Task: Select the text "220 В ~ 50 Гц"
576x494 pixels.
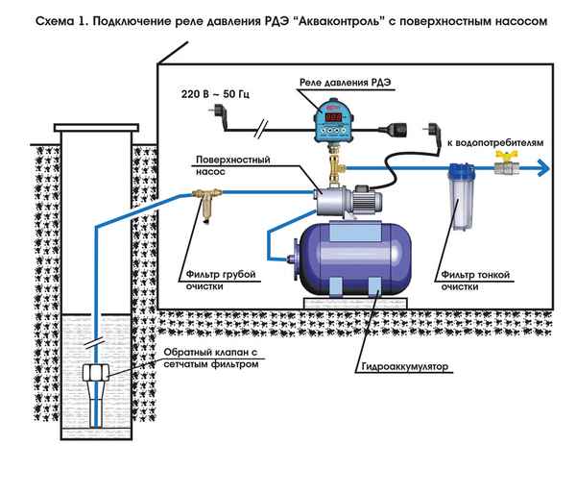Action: click(216, 97)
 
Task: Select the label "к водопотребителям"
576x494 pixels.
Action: click(492, 141)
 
